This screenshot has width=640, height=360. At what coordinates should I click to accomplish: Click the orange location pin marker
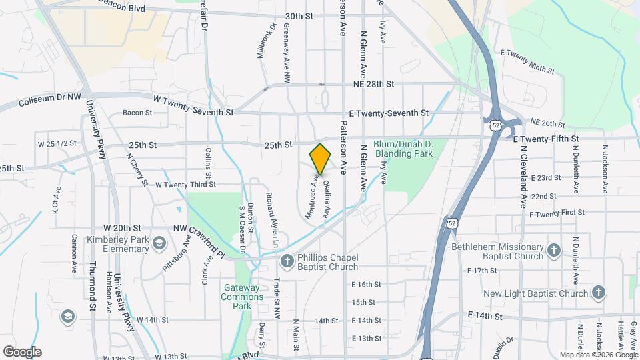[321, 159]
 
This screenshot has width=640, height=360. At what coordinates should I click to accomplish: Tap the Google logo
[22, 352]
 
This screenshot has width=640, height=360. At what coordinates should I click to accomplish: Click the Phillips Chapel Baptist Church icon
[287, 260]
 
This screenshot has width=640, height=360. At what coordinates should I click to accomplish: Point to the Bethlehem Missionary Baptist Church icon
[554, 251]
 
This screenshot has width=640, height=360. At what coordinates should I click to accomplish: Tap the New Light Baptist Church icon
[599, 293]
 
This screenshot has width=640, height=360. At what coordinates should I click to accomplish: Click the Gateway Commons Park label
[237, 297]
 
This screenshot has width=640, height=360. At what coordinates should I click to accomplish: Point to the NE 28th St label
[374, 85]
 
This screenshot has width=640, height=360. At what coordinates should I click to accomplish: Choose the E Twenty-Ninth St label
[527, 61]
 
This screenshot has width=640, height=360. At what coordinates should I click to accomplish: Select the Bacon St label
[137, 113]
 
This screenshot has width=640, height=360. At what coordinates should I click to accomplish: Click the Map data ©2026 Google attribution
[598, 355]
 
